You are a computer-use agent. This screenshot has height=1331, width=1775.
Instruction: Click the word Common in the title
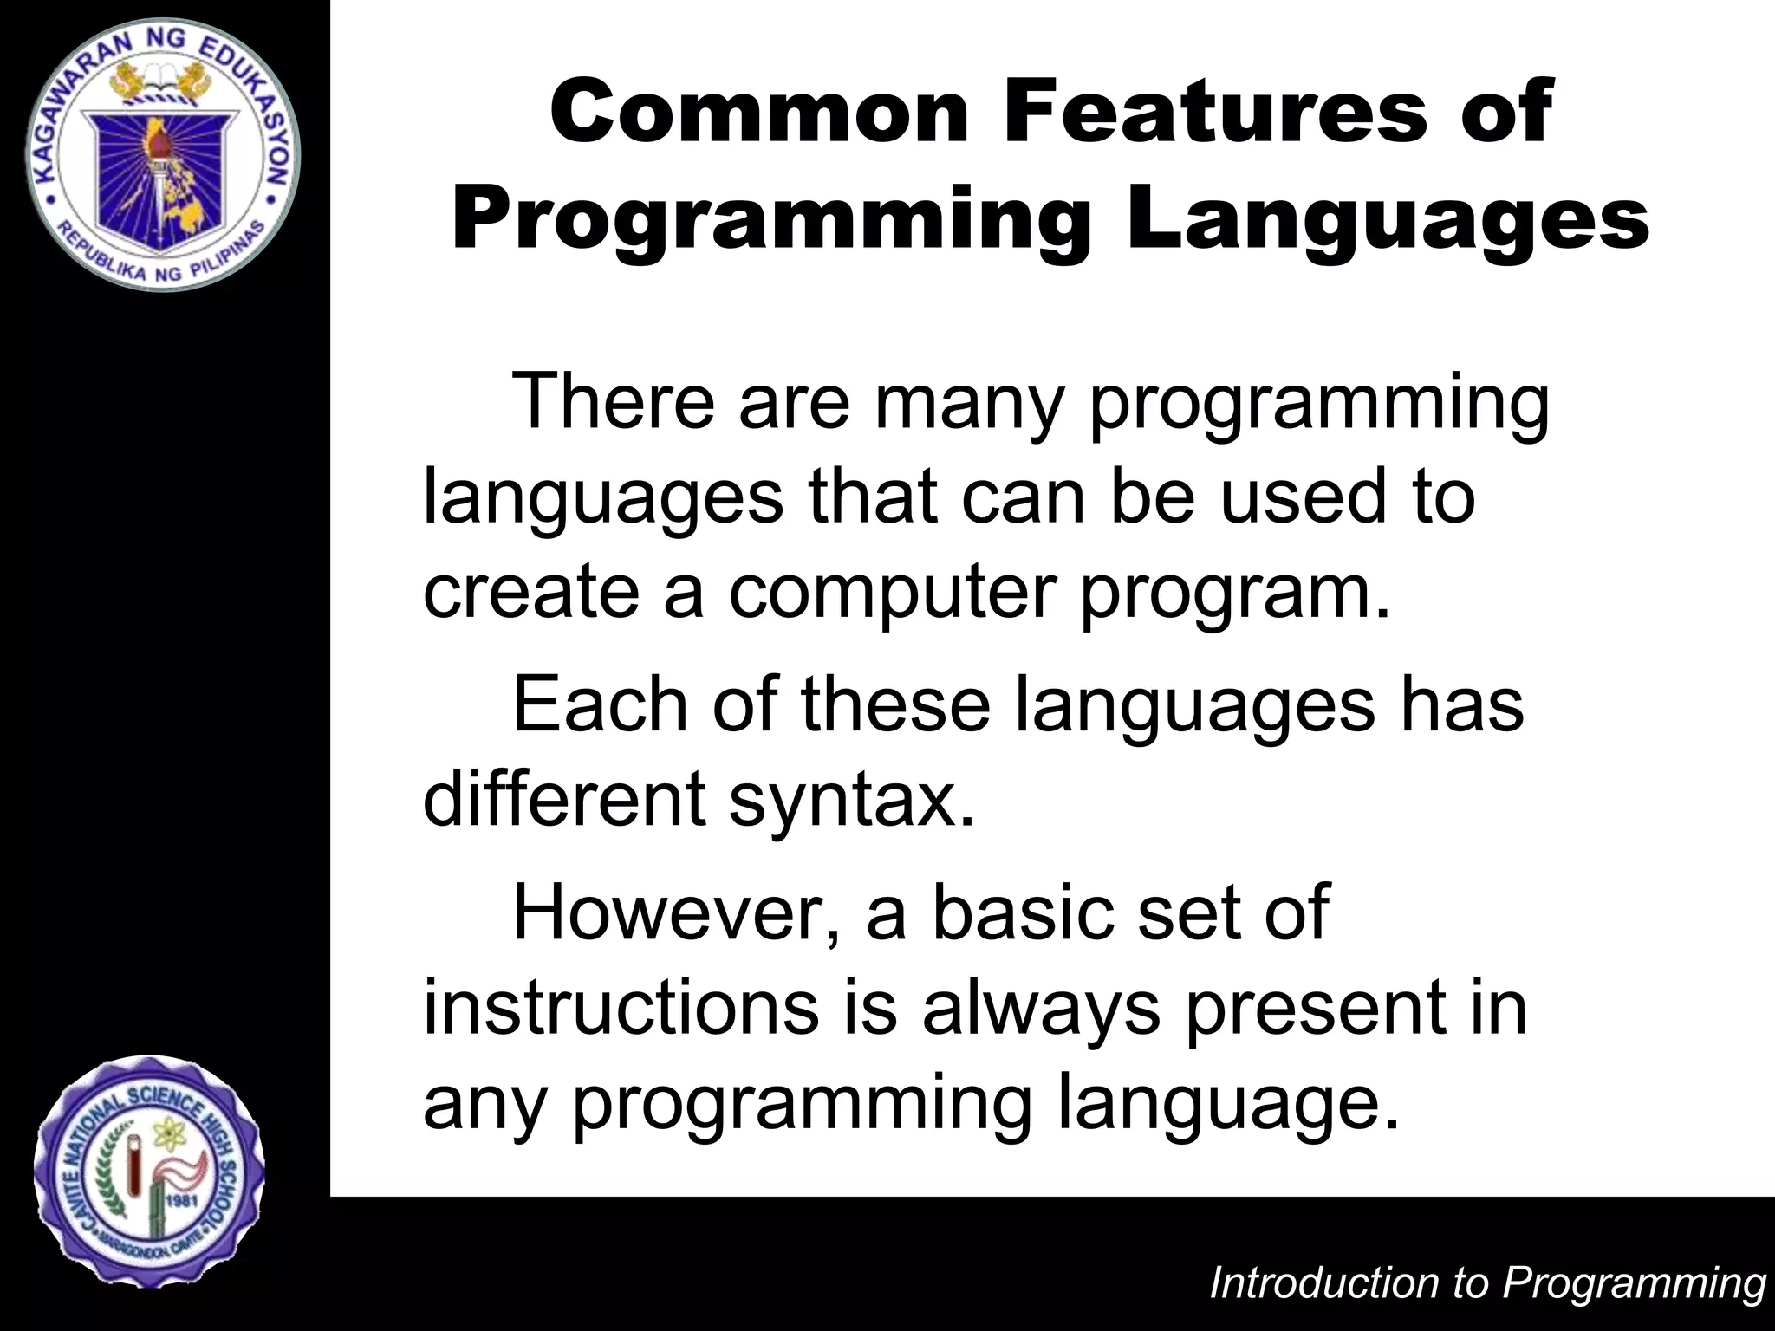point(758,113)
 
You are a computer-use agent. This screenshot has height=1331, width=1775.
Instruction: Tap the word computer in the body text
point(893,594)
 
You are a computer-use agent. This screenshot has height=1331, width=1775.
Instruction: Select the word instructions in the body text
point(621,1007)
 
